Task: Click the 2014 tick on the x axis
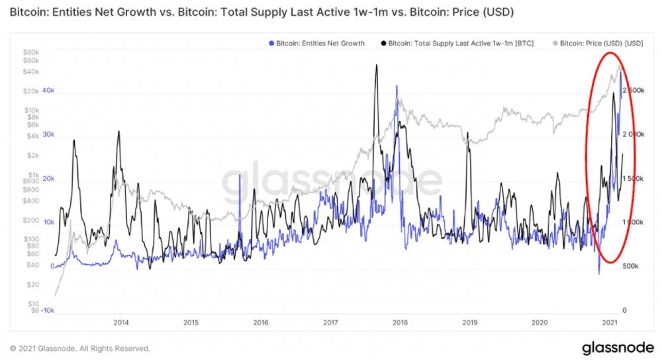coord(120,323)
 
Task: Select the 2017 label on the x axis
coord(330,323)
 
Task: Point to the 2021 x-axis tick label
coord(609,323)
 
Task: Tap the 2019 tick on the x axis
coord(469,323)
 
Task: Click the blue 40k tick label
coord(48,91)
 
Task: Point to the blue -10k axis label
coord(46,310)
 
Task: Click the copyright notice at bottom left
coord(79,348)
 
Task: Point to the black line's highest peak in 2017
coord(376,65)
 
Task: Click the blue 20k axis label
coord(48,179)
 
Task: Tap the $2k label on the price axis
coord(32,156)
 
